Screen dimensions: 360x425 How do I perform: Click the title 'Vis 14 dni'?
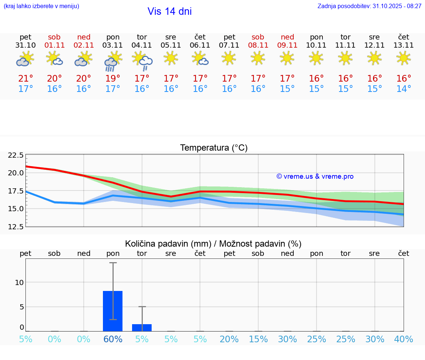tap(169, 11)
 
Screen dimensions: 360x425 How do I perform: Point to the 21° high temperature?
tap(25, 79)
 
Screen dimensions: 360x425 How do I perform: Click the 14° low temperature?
tap(404, 89)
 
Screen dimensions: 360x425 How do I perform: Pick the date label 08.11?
tap(258, 45)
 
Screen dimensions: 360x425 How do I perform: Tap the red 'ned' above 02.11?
tap(84, 37)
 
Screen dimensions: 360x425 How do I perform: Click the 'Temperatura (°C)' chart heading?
tap(214, 148)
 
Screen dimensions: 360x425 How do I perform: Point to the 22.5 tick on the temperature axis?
tap(16, 155)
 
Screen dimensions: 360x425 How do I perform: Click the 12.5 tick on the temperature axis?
tap(16, 226)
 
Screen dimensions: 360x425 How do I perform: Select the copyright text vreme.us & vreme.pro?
tap(315, 176)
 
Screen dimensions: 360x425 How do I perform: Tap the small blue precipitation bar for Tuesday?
tap(142, 328)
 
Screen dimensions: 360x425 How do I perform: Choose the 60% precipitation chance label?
tap(113, 339)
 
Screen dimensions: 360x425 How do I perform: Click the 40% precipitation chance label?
tap(404, 339)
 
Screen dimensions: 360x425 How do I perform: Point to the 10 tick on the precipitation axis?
tap(19, 282)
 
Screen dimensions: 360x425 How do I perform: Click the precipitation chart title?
tap(213, 244)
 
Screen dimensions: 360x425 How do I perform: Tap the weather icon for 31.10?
tap(25, 59)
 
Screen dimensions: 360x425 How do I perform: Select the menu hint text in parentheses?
tap(41, 6)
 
